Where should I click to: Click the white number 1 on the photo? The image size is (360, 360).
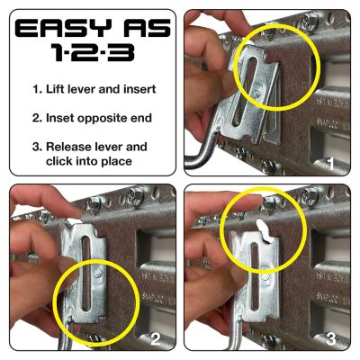332,165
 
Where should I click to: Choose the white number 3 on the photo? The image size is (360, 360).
332,338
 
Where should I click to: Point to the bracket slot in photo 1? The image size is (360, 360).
249,90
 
